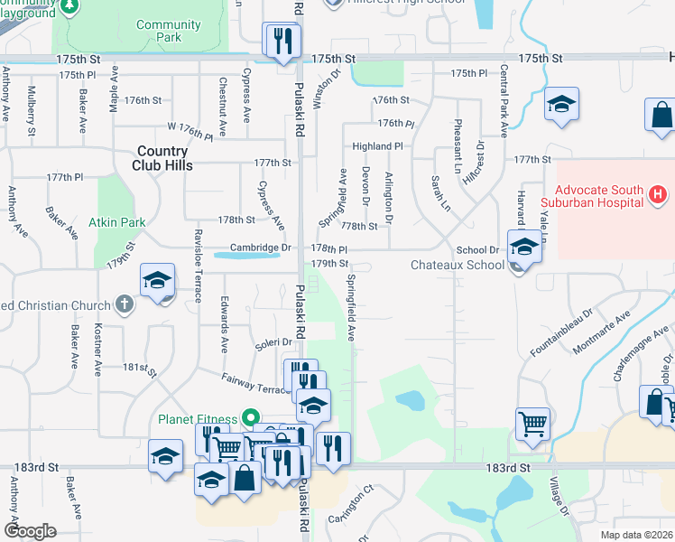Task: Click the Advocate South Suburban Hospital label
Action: tap(599, 199)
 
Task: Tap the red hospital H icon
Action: tap(658, 193)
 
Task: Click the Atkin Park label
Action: tap(117, 220)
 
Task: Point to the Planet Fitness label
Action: tap(198, 419)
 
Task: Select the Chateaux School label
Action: tap(457, 265)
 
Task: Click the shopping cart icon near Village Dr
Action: tap(532, 422)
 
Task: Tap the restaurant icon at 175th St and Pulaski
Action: tap(282, 40)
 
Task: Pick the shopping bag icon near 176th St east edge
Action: tap(661, 116)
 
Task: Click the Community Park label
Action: tap(168, 31)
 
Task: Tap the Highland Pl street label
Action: tap(377, 146)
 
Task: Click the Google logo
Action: tap(29, 530)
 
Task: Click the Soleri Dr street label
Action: tap(273, 342)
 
